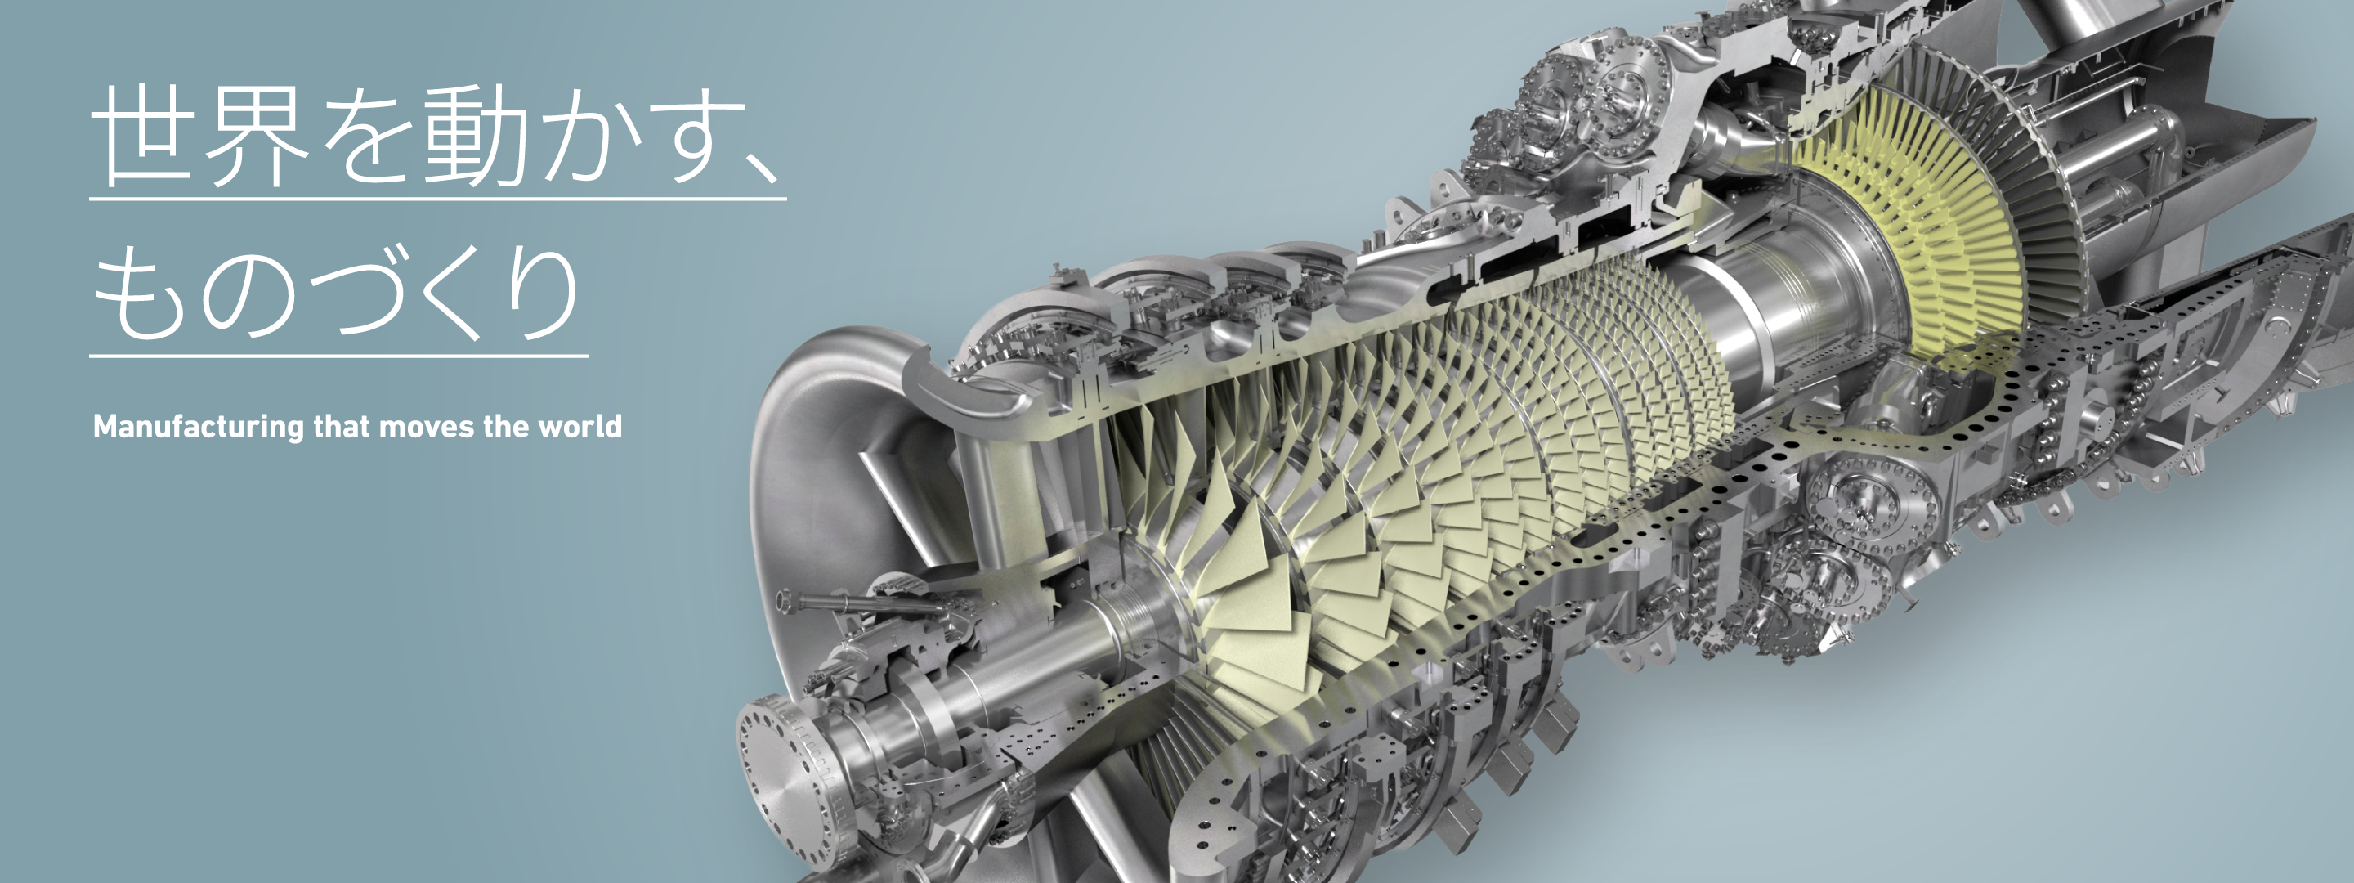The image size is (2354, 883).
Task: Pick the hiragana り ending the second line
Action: (x=543, y=293)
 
